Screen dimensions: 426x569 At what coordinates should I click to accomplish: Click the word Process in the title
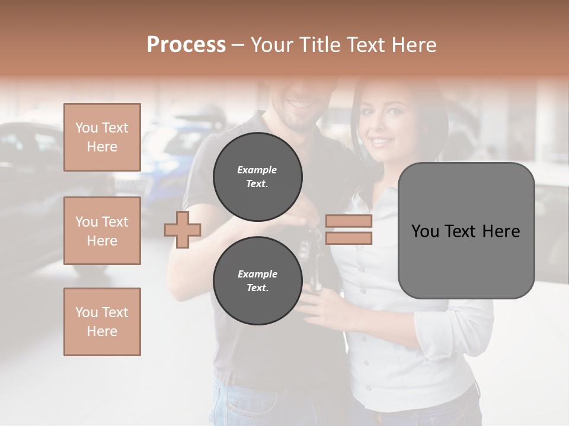[186, 45]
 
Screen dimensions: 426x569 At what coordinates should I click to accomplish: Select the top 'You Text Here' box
[102, 137]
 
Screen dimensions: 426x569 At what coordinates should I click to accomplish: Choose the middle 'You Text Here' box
[102, 231]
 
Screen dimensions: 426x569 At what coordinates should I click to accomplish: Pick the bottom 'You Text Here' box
[102, 322]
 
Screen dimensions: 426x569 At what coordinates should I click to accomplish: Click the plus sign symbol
[183, 229]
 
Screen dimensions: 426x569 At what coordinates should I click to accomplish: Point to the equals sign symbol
[349, 230]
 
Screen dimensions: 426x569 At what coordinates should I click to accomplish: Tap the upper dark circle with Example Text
[257, 177]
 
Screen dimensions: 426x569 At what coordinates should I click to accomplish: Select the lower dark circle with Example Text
[257, 281]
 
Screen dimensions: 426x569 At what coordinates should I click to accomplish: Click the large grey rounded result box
[466, 231]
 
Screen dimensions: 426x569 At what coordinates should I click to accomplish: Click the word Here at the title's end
[413, 45]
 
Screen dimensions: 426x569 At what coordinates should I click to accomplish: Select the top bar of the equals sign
[349, 221]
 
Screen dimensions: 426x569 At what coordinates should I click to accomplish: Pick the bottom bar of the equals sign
[349, 238]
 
